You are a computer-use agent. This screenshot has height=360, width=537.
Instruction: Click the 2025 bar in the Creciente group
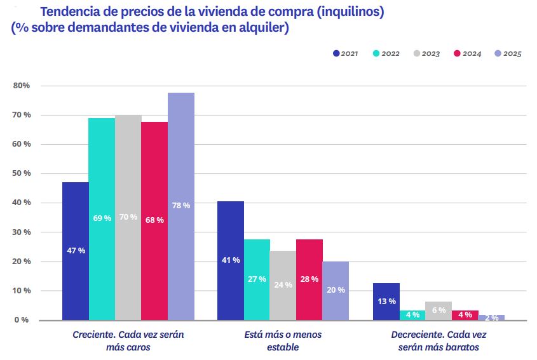coord(181,206)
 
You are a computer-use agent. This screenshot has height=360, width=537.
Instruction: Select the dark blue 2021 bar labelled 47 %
coord(76,251)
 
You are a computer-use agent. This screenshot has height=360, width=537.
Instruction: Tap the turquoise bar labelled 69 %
coord(102,218)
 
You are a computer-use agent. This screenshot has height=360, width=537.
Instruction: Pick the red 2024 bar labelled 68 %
coord(154,220)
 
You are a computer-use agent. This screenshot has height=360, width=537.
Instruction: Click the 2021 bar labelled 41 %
coord(231,260)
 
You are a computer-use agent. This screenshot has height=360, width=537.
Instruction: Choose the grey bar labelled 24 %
coord(283,285)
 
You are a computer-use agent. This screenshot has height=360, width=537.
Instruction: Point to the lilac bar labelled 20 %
coord(336,290)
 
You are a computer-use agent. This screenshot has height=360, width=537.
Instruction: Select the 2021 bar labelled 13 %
coord(386,301)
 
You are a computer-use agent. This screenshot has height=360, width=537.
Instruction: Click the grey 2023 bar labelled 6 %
coord(438,310)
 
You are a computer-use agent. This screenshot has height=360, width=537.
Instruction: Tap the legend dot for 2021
coord(336,53)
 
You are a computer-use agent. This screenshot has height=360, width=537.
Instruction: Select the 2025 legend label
coord(512,53)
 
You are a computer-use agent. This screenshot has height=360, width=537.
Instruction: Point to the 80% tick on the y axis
coord(22,86)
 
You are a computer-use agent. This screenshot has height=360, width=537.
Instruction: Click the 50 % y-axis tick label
coord(22,173)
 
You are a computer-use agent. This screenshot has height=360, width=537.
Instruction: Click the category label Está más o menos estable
coord(283,340)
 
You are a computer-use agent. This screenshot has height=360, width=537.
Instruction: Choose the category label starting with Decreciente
coord(439,340)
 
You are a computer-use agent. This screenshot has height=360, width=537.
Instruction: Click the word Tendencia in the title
coord(68,12)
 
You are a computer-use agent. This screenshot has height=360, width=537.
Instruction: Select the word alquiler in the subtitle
coord(263,29)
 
